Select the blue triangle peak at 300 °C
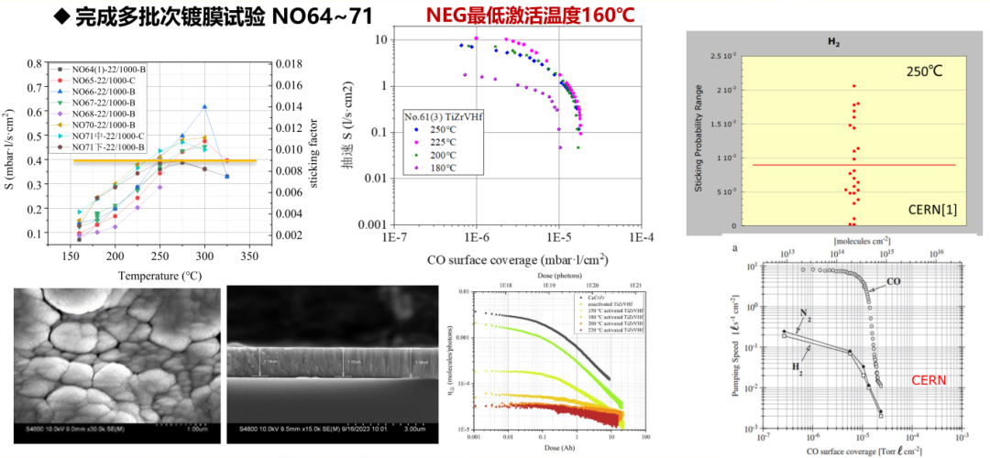205,107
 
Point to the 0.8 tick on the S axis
36,64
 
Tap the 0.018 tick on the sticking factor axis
291,64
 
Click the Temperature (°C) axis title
161,275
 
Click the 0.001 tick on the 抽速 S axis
375,224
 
